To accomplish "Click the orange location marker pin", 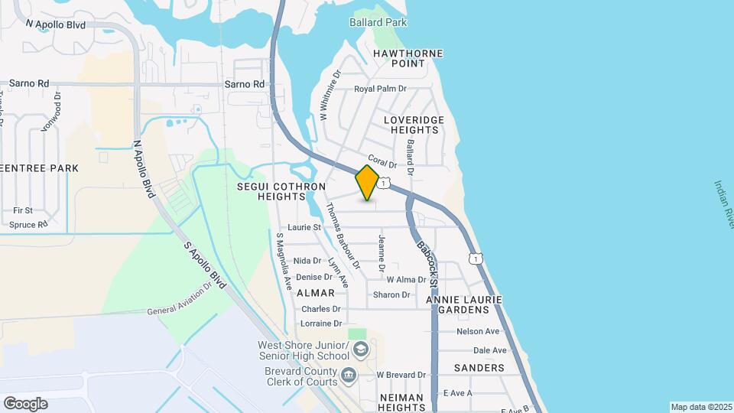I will tap(367, 183).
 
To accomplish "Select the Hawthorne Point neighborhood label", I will tap(408, 58).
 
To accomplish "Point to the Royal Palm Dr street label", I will tap(379, 89).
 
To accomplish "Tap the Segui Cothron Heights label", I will tap(281, 191).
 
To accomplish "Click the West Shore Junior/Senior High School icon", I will tap(361, 350).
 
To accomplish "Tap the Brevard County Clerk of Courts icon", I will tap(349, 375).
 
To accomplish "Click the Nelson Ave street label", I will tap(477, 331).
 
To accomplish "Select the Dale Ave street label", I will tap(489, 350).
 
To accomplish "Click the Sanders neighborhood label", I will tap(479, 368).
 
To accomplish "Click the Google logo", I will tap(25, 403).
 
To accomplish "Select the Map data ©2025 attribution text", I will tap(701, 407).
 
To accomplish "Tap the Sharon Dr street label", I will tap(391, 294).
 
